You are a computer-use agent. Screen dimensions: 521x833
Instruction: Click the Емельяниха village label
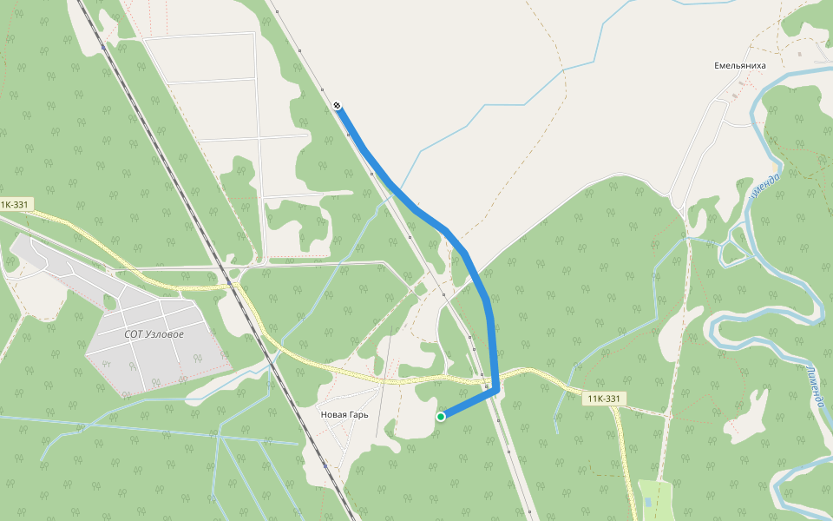(740, 65)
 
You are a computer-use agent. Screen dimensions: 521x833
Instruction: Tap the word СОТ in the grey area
(134, 333)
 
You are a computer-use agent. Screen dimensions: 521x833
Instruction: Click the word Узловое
(166, 333)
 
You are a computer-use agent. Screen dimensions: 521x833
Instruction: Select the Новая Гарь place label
(344, 414)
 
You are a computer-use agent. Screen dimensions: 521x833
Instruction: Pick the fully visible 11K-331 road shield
(603, 399)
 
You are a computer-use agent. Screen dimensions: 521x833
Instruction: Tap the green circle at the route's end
(441, 417)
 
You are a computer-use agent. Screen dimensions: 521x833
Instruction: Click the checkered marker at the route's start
(337, 106)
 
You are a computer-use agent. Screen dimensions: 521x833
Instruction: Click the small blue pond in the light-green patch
(648, 503)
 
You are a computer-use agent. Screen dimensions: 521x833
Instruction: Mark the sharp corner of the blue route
(495, 390)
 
